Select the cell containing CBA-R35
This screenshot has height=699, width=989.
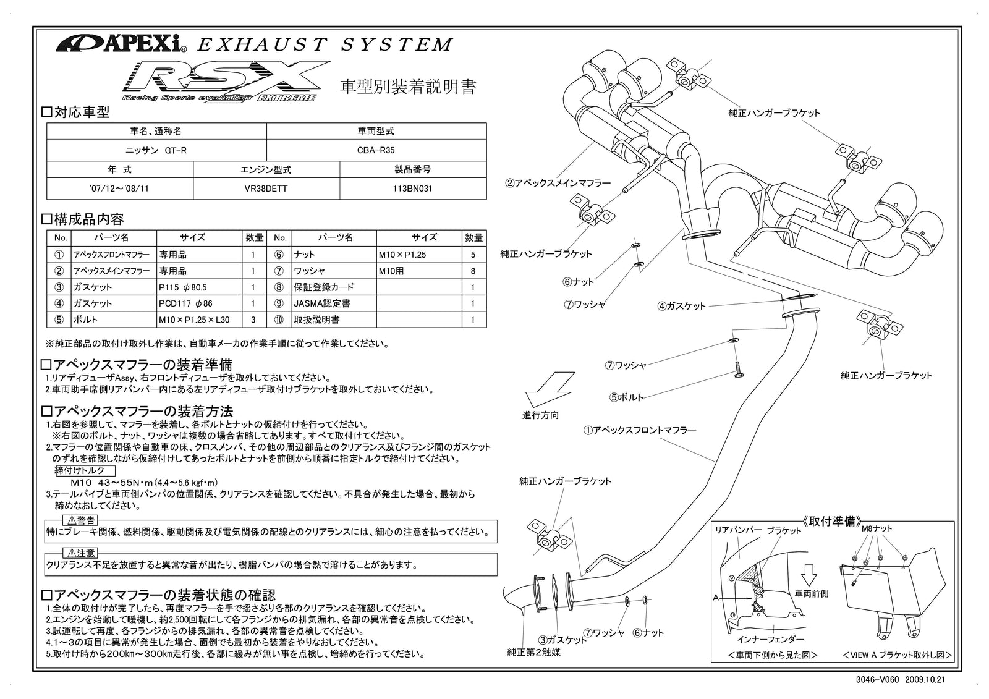[x=376, y=150]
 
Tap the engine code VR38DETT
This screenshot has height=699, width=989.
[x=266, y=189]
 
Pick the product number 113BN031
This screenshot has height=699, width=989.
[x=412, y=189]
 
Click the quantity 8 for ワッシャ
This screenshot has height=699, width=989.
[x=473, y=271]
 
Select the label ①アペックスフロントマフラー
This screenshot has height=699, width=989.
[x=640, y=430]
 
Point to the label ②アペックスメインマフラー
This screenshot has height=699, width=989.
[x=558, y=183]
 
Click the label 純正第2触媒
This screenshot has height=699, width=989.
[x=534, y=652]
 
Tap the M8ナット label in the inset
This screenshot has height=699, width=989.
[x=876, y=528]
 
